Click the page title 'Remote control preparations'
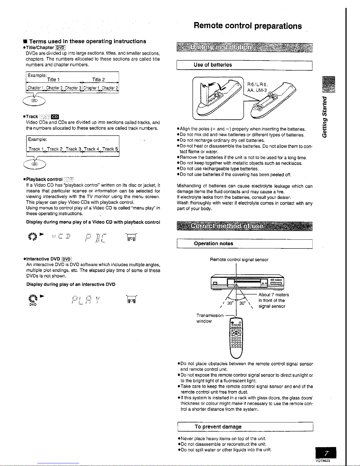(247, 26)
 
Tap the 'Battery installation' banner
(221, 47)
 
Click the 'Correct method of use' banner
(227, 227)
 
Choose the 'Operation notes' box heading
(213, 244)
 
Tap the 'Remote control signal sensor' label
(239, 260)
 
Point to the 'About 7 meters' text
(274, 295)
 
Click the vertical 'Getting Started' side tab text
(324, 116)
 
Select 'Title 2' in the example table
(98, 80)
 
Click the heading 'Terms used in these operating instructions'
(87, 41)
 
